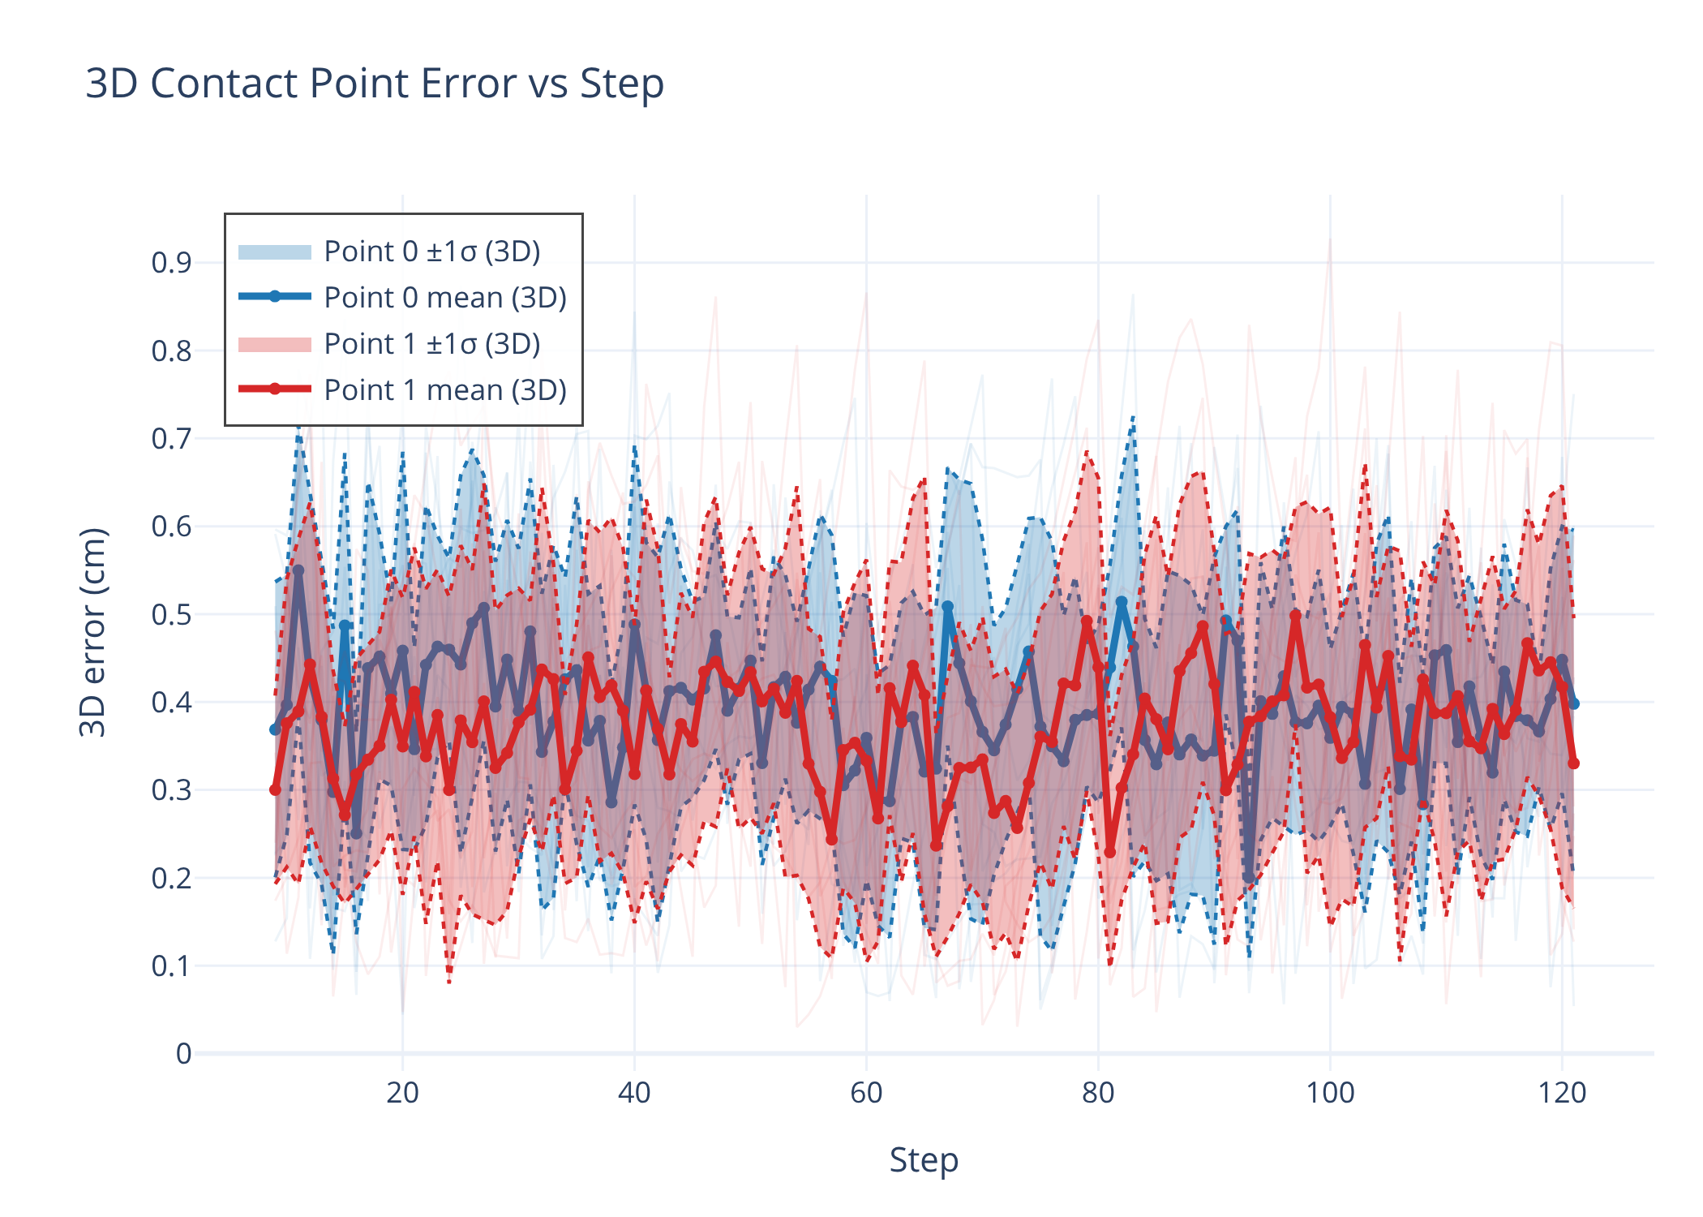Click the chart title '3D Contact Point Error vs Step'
click(375, 84)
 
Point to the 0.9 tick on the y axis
click(171, 263)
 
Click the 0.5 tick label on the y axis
click(171, 614)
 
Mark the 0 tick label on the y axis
click(184, 1053)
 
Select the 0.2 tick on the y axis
click(171, 878)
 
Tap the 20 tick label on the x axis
click(402, 1093)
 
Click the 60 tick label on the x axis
click(866, 1093)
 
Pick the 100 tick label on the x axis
click(1330, 1093)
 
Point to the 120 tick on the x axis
click(1562, 1093)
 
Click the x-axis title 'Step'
click(924, 1160)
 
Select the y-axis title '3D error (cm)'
click(92, 632)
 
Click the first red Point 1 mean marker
click(275, 789)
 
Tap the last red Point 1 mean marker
click(1573, 763)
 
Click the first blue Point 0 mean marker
click(275, 729)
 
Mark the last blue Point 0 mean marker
click(1573, 703)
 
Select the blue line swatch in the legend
click(275, 297)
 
